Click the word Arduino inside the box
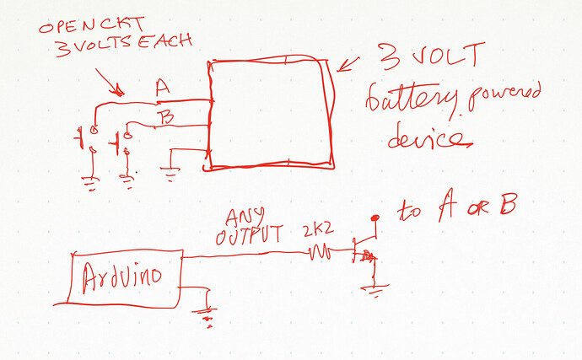pos(125,277)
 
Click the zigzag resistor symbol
pos(320,250)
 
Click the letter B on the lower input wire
pos(166,118)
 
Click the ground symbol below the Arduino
pos(204,316)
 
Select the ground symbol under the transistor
pos(371,291)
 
